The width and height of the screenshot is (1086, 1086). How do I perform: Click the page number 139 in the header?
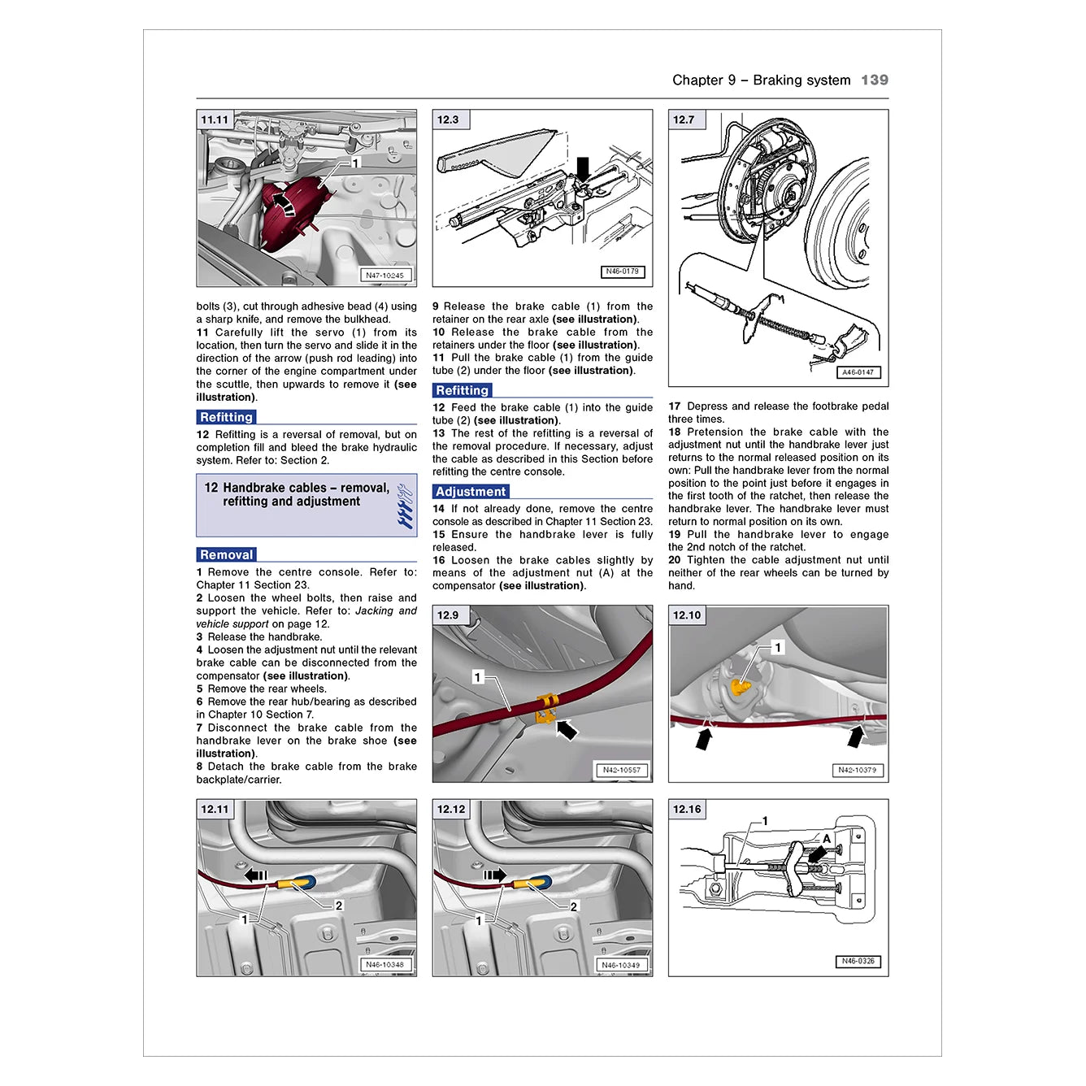874,80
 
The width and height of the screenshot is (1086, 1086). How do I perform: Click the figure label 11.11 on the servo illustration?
215,119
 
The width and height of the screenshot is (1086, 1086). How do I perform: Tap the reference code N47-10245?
384,275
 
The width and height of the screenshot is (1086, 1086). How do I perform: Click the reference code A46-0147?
858,372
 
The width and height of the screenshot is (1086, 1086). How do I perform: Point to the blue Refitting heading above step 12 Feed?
462,390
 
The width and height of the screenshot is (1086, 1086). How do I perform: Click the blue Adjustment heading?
470,492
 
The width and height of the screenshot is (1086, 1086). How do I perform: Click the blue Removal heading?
226,554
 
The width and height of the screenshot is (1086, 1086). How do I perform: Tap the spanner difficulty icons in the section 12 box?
404,506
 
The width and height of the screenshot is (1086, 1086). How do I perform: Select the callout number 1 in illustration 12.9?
478,677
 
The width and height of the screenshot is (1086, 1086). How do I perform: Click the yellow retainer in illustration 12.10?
740,687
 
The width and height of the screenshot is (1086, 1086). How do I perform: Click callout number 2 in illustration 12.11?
339,906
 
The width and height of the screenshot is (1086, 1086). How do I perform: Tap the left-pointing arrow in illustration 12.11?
256,875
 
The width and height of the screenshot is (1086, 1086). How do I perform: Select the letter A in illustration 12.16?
827,839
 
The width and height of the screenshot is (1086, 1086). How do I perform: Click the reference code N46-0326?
858,961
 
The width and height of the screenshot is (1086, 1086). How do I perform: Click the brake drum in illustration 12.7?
845,224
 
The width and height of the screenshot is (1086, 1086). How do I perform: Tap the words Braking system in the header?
801,80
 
